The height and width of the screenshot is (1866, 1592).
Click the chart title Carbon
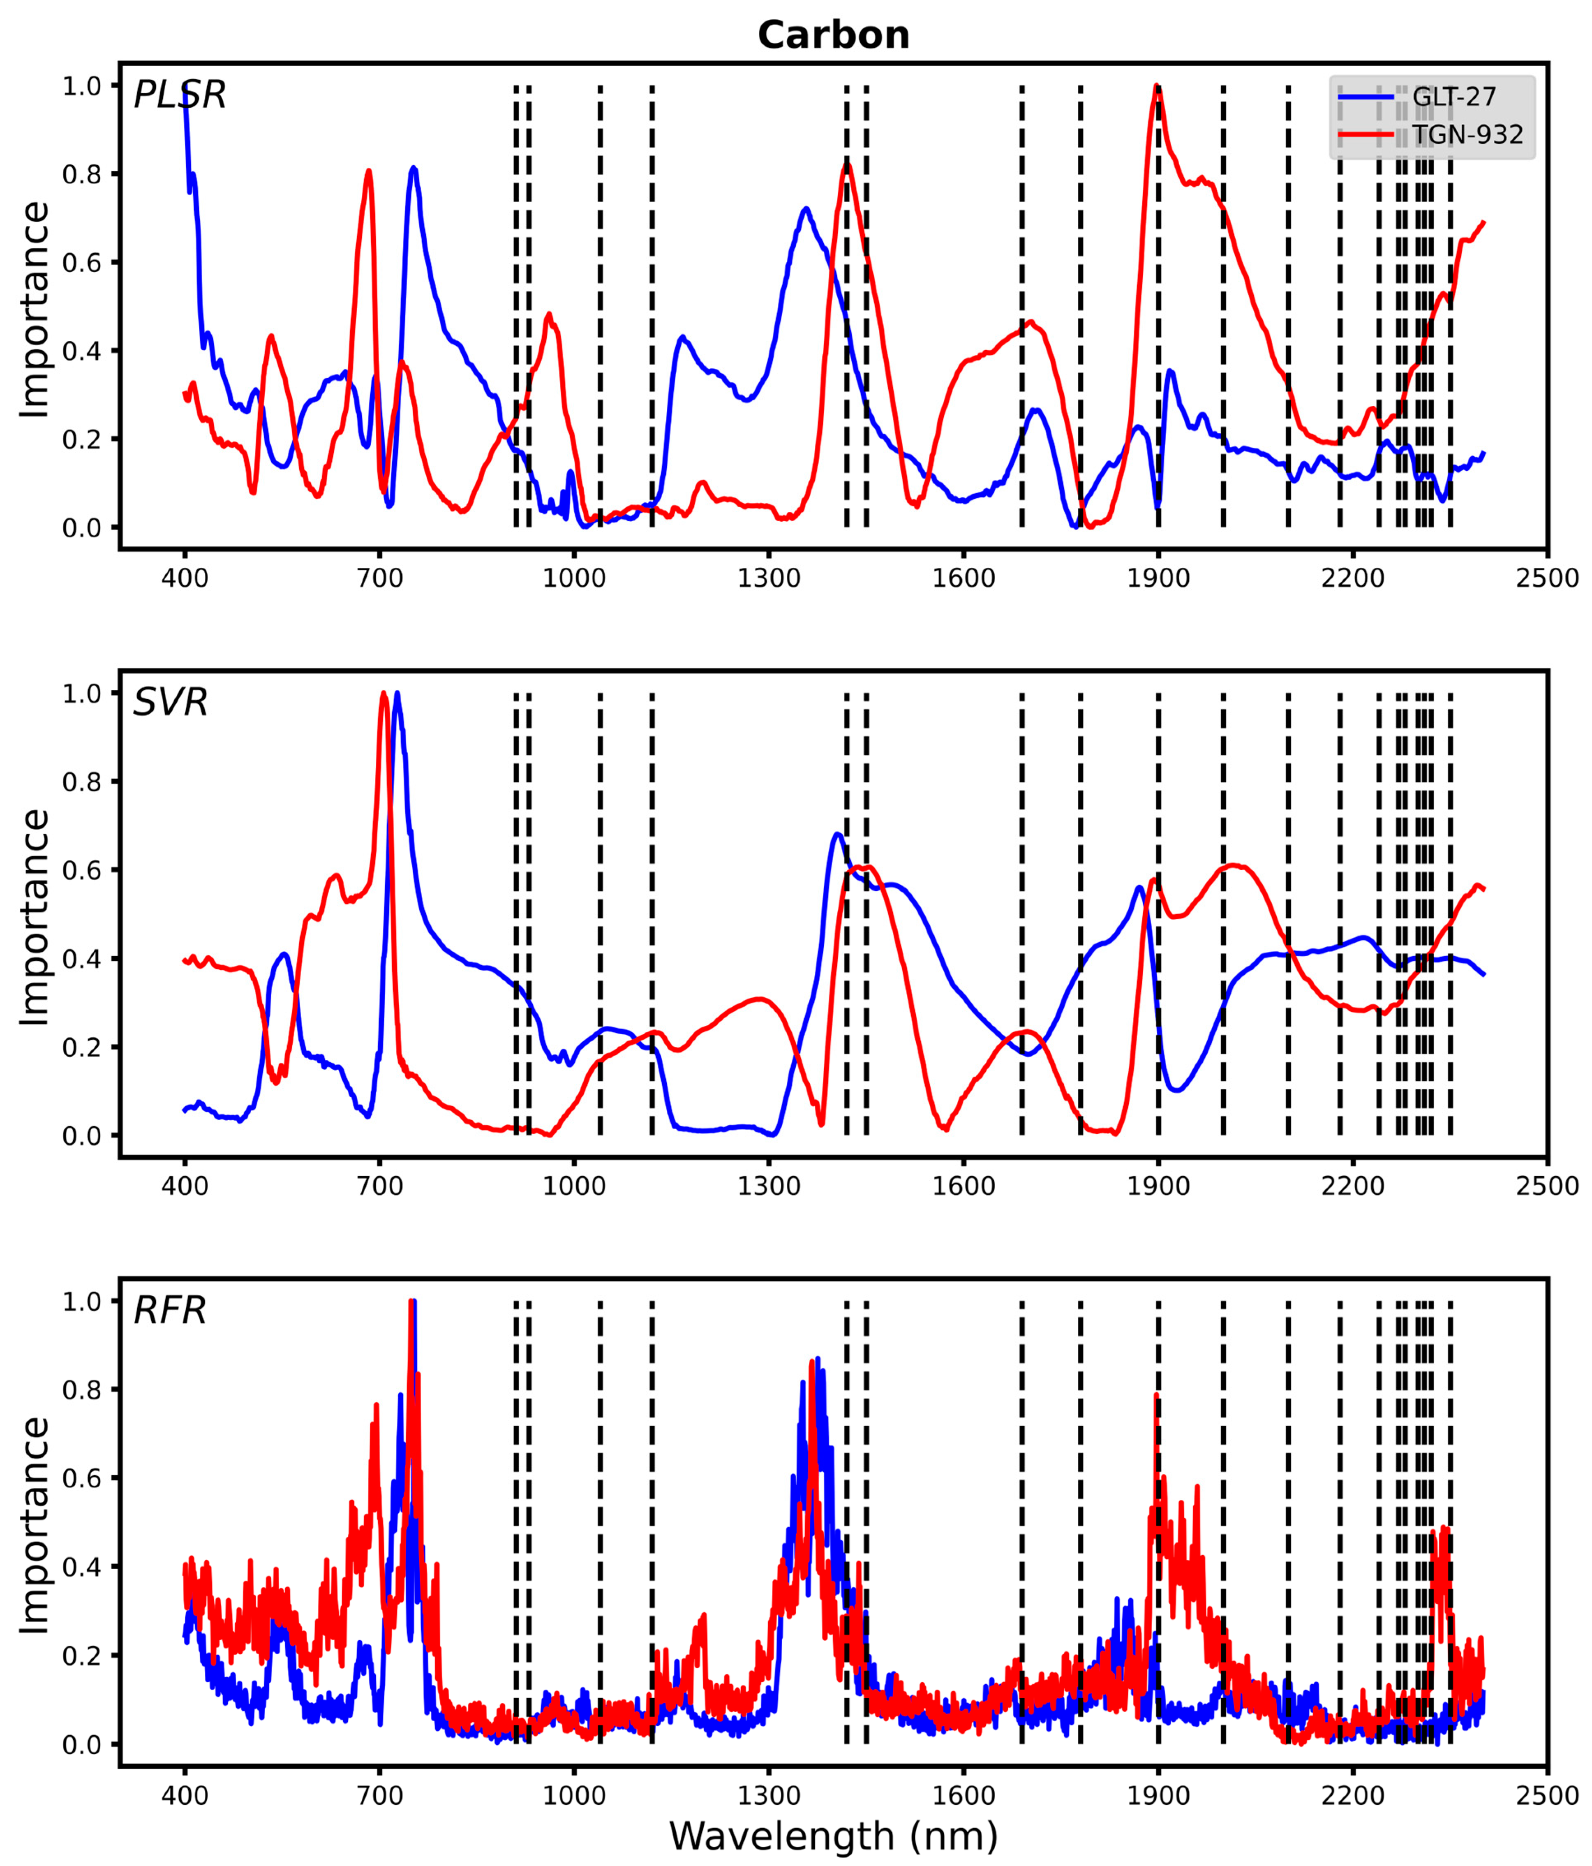coord(833,35)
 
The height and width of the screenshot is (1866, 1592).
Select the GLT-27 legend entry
coord(1453,96)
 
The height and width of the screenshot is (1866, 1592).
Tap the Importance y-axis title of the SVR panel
coord(34,917)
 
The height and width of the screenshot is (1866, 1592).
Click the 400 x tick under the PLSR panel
coord(185,577)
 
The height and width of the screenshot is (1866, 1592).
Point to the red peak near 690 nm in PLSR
coord(368,171)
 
